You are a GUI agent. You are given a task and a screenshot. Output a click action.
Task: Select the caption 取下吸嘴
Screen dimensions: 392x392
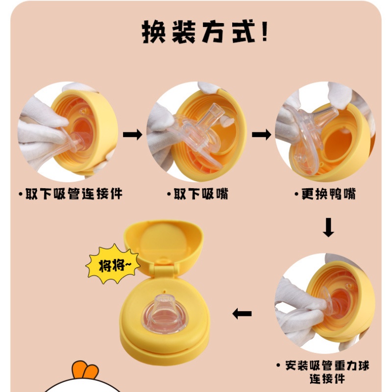tap(198, 195)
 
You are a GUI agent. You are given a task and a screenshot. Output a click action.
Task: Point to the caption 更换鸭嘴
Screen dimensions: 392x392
tap(325, 195)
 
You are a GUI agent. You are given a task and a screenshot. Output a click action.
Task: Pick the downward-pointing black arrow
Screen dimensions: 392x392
tap(328, 228)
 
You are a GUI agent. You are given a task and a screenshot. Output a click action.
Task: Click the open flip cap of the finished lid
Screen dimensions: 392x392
tap(163, 245)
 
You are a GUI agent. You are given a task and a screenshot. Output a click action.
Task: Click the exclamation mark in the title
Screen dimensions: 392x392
tap(265, 32)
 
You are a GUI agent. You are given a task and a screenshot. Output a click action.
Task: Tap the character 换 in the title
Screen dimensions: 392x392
tap(153, 32)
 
